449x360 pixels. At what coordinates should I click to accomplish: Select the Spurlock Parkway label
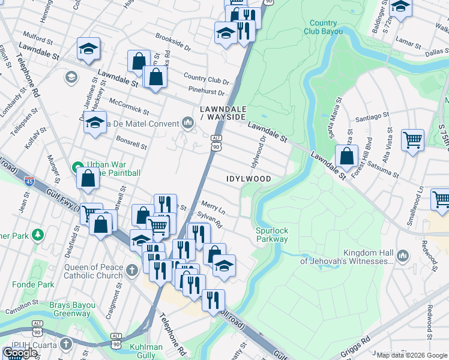pos(272,234)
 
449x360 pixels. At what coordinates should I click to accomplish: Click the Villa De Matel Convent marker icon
pos(188,124)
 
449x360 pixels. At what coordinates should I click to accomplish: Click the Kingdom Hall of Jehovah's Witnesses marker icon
pos(402,256)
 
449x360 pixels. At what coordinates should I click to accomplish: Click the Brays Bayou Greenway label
pos(71,309)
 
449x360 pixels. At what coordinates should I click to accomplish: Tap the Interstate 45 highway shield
pos(29,180)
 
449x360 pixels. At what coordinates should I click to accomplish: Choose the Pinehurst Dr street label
pos(206,93)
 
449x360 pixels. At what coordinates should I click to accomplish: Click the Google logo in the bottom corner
pos(20,353)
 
